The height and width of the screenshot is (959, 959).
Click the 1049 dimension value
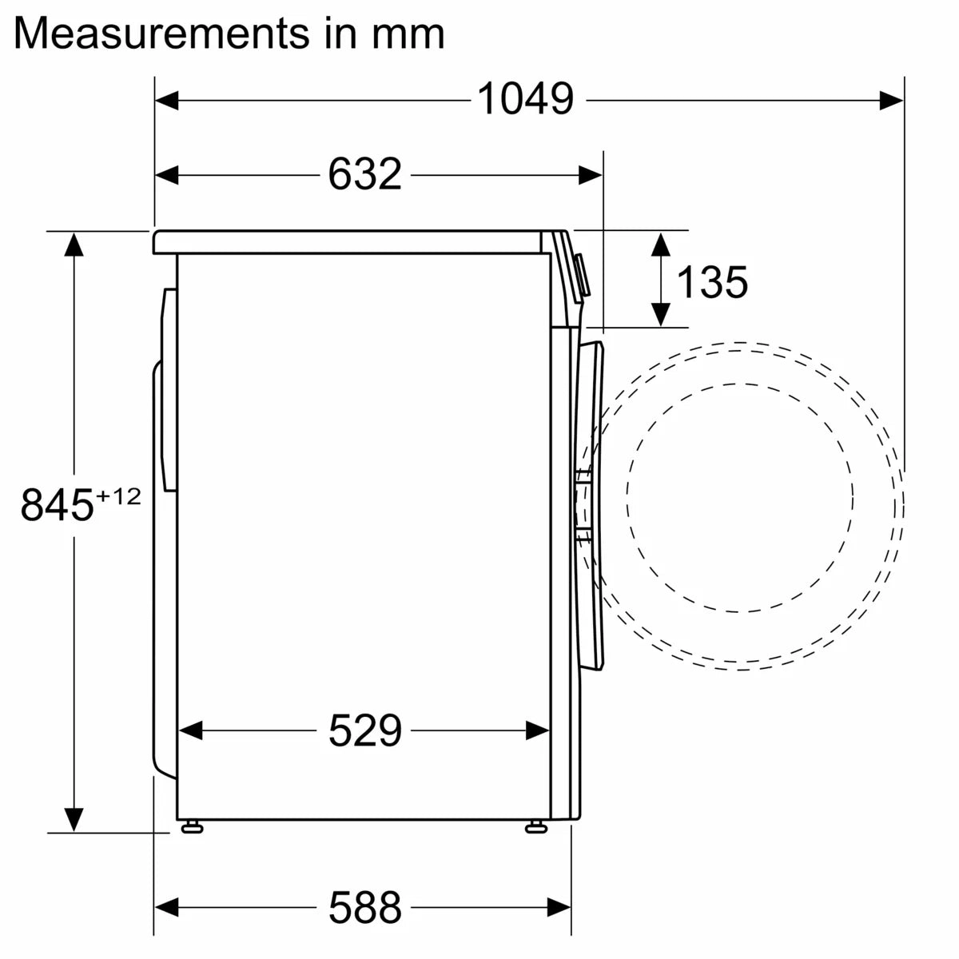[525, 100]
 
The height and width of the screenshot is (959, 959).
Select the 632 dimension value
[364, 174]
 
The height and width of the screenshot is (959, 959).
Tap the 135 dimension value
[712, 281]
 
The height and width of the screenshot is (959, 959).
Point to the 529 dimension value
[364, 730]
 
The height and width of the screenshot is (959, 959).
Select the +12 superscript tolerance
[118, 496]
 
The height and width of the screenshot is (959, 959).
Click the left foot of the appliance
[191, 826]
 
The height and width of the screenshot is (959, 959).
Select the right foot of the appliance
[534, 826]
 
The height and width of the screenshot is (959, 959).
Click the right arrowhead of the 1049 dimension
[892, 100]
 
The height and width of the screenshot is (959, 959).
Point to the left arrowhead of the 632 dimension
[166, 174]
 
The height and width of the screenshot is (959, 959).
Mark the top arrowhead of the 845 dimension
[74, 243]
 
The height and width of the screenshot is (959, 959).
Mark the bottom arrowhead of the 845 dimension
[74, 820]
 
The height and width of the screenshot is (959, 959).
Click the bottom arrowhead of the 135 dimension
[660, 315]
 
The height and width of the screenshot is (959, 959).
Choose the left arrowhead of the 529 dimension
[190, 730]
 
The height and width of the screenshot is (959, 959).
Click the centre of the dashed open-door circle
[739, 497]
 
